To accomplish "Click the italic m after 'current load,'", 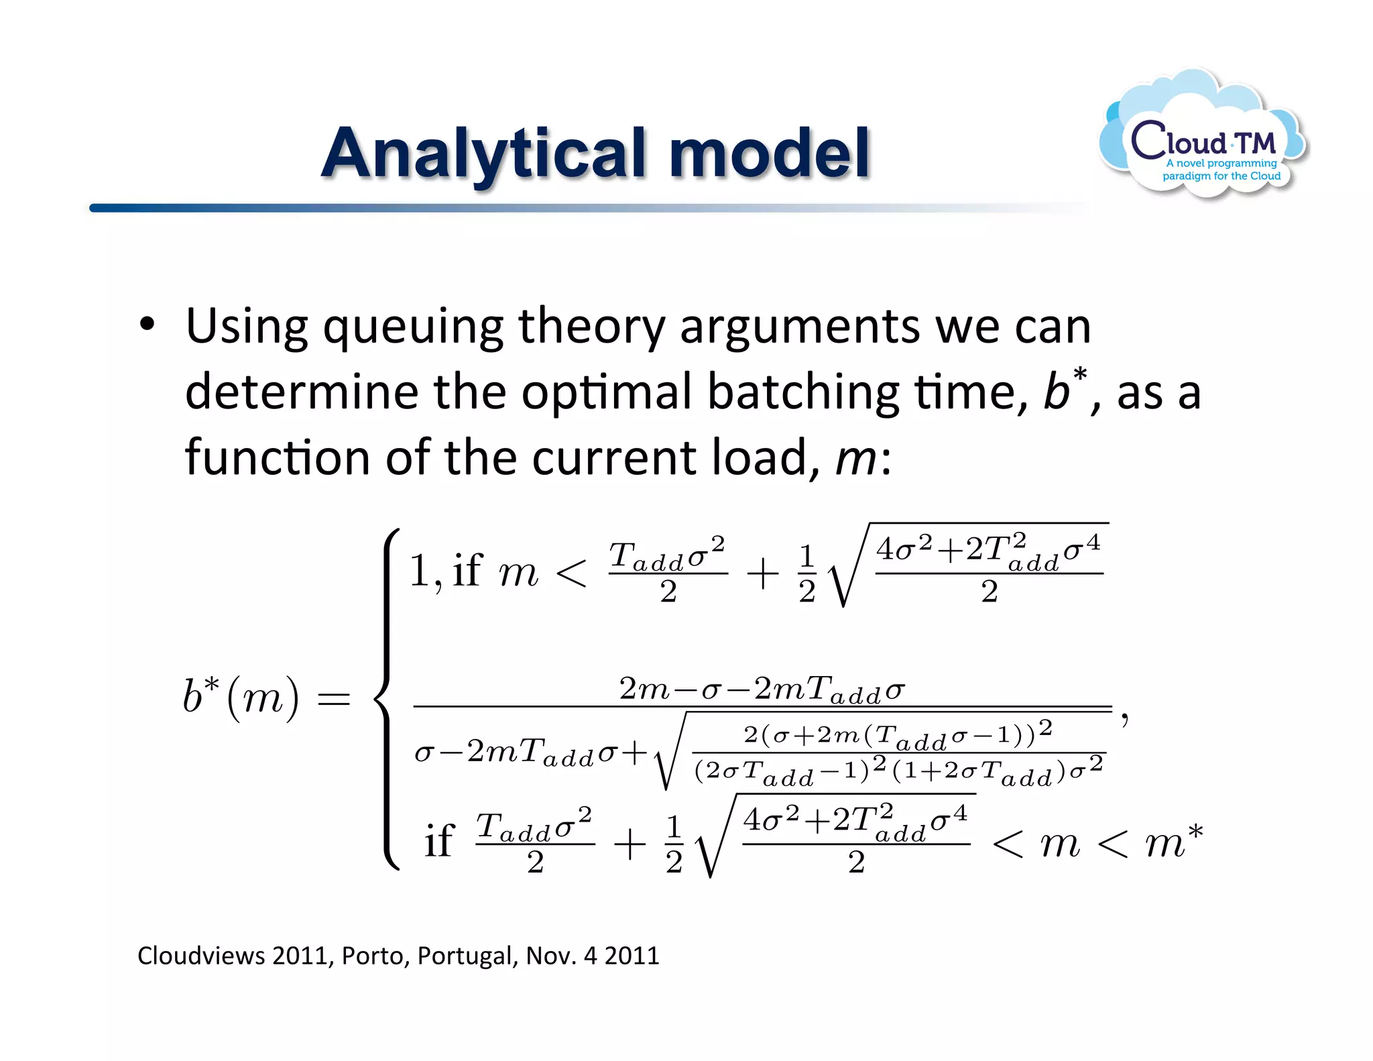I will coord(855,459).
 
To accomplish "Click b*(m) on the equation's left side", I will coord(241,697).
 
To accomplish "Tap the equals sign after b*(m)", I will coord(333,700).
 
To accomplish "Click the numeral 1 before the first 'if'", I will coord(420,571).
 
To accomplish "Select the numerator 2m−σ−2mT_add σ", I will coord(762,689).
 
